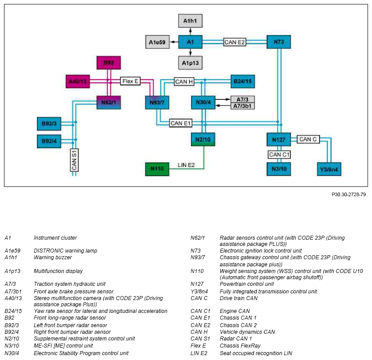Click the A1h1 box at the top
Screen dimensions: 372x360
pyautogui.click(x=190, y=20)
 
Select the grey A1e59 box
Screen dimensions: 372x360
pyautogui.click(x=157, y=42)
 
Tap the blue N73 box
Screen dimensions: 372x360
pyautogui.click(x=279, y=42)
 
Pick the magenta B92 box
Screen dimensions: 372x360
pyautogui.click(x=108, y=63)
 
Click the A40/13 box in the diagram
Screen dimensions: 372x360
pyautogui.click(x=78, y=81)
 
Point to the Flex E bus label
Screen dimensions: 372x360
pyautogui.click(x=130, y=81)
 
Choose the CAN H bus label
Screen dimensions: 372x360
pyautogui.click(x=184, y=82)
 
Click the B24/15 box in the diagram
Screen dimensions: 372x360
pyautogui.click(x=243, y=81)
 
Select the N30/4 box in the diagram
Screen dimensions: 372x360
pyautogui.click(x=203, y=103)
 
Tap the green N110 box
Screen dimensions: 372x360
pyautogui.click(x=157, y=169)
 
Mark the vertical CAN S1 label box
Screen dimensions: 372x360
pyautogui.click(x=74, y=160)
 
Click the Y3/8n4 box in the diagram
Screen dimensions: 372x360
pyautogui.click(x=329, y=169)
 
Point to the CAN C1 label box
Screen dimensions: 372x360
pyautogui.click(x=279, y=154)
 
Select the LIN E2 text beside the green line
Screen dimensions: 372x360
pyautogui.click(x=186, y=165)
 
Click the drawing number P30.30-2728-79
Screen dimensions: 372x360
pyautogui.click(x=348, y=194)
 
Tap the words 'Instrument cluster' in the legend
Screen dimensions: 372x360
pyautogui.click(x=55, y=238)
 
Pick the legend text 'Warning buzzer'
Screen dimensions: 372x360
pyautogui.click(x=53, y=257)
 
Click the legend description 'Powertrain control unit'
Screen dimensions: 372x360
pyautogui.click(x=247, y=284)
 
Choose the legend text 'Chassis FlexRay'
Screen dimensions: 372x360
pyautogui.click(x=240, y=345)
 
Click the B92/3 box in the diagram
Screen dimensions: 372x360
pyautogui.click(x=49, y=124)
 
